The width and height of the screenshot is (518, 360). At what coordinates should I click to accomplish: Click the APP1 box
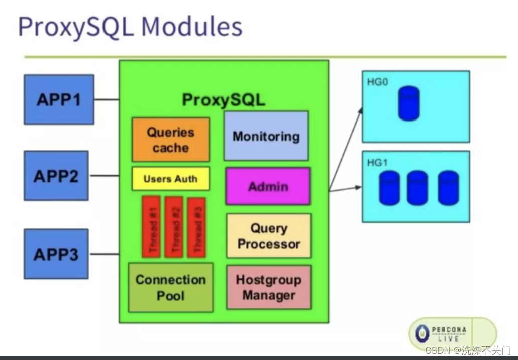pyautogui.click(x=59, y=99)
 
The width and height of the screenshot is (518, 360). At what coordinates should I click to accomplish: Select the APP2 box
pyautogui.click(x=56, y=176)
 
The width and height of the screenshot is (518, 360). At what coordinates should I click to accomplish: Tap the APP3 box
pyautogui.click(x=56, y=254)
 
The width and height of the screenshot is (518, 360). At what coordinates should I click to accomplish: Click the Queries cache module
pyautogui.click(x=170, y=140)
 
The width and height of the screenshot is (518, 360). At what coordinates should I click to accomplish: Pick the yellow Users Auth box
pyautogui.click(x=170, y=179)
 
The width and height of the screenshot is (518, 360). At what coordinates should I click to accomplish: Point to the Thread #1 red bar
pyautogui.click(x=151, y=227)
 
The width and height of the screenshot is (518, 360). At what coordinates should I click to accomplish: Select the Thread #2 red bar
pyautogui.click(x=174, y=227)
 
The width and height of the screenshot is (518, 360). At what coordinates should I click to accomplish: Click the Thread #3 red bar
pyautogui.click(x=196, y=227)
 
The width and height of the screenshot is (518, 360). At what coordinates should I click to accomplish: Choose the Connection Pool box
pyautogui.click(x=170, y=287)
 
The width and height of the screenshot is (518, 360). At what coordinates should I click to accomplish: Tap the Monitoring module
pyautogui.click(x=266, y=136)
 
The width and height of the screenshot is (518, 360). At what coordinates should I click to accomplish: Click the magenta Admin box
pyautogui.click(x=268, y=186)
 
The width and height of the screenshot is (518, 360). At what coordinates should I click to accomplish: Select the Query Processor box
pyautogui.click(x=268, y=236)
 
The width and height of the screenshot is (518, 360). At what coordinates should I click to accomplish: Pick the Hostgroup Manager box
pyautogui.click(x=268, y=287)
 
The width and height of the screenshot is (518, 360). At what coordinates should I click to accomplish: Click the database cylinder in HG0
pyautogui.click(x=408, y=103)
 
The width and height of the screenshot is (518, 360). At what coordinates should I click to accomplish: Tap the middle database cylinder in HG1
pyautogui.click(x=418, y=188)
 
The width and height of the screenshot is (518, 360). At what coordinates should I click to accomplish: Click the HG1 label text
pyautogui.click(x=375, y=162)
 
